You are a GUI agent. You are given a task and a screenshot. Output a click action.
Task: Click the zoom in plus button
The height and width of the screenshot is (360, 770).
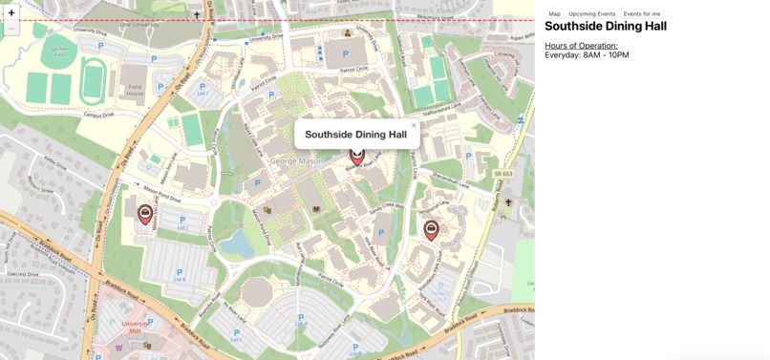point(11,13)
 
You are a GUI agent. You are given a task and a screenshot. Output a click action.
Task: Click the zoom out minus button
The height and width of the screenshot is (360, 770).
point(11,29)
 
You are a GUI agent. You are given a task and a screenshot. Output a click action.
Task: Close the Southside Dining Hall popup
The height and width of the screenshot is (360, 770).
point(414,125)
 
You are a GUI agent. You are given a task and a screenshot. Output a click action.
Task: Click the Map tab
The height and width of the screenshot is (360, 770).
point(554,14)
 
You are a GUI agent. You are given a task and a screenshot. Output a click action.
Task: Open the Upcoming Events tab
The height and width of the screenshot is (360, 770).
point(591,14)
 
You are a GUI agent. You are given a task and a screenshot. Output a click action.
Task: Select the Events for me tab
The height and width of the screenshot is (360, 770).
point(641,14)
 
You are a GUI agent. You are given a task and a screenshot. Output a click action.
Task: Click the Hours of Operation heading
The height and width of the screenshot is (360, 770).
point(581,45)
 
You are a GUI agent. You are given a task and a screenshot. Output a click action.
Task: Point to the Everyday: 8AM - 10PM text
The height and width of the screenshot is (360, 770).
point(587,55)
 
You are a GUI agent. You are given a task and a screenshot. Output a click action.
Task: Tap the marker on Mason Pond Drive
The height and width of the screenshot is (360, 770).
point(145,214)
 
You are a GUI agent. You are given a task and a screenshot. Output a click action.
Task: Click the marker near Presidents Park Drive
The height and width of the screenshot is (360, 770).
point(431,228)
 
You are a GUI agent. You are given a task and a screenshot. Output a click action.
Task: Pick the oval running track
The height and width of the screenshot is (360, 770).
point(93,81)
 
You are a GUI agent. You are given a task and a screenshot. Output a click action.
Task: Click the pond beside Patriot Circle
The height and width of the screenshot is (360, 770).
point(238,244)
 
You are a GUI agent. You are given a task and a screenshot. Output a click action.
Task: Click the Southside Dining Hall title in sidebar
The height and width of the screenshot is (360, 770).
point(606,27)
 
